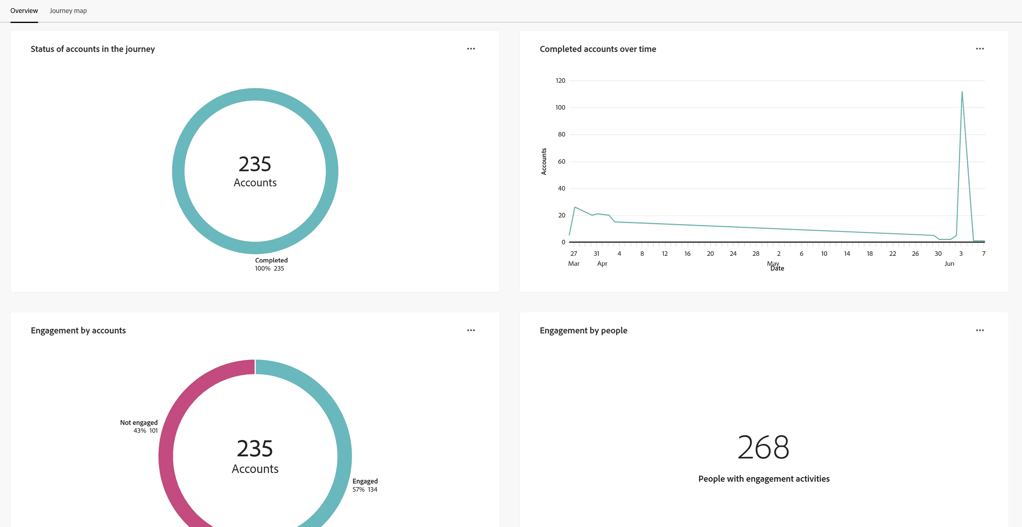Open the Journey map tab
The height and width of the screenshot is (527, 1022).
click(68, 11)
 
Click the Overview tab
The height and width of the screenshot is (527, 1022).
click(24, 11)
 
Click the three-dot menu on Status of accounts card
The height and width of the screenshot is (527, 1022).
click(471, 49)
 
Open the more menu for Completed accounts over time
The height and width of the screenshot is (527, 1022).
click(980, 49)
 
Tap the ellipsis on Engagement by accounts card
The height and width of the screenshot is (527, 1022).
click(471, 330)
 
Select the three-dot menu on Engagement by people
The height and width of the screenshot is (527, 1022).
click(980, 330)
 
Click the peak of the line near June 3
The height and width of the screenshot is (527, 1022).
click(962, 92)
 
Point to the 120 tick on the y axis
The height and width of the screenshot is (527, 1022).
click(560, 80)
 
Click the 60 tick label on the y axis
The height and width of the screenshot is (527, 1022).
click(561, 161)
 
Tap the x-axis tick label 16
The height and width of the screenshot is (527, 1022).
click(688, 254)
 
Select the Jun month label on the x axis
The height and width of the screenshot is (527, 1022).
click(949, 263)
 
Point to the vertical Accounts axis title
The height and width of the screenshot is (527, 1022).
click(544, 162)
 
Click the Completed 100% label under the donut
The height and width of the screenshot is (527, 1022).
click(271, 264)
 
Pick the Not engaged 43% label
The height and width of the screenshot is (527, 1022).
click(139, 426)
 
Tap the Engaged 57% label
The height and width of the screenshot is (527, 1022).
click(365, 485)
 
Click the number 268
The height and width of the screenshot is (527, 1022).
click(764, 447)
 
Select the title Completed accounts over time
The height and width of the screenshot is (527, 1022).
click(598, 49)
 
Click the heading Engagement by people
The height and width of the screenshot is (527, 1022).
click(584, 330)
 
